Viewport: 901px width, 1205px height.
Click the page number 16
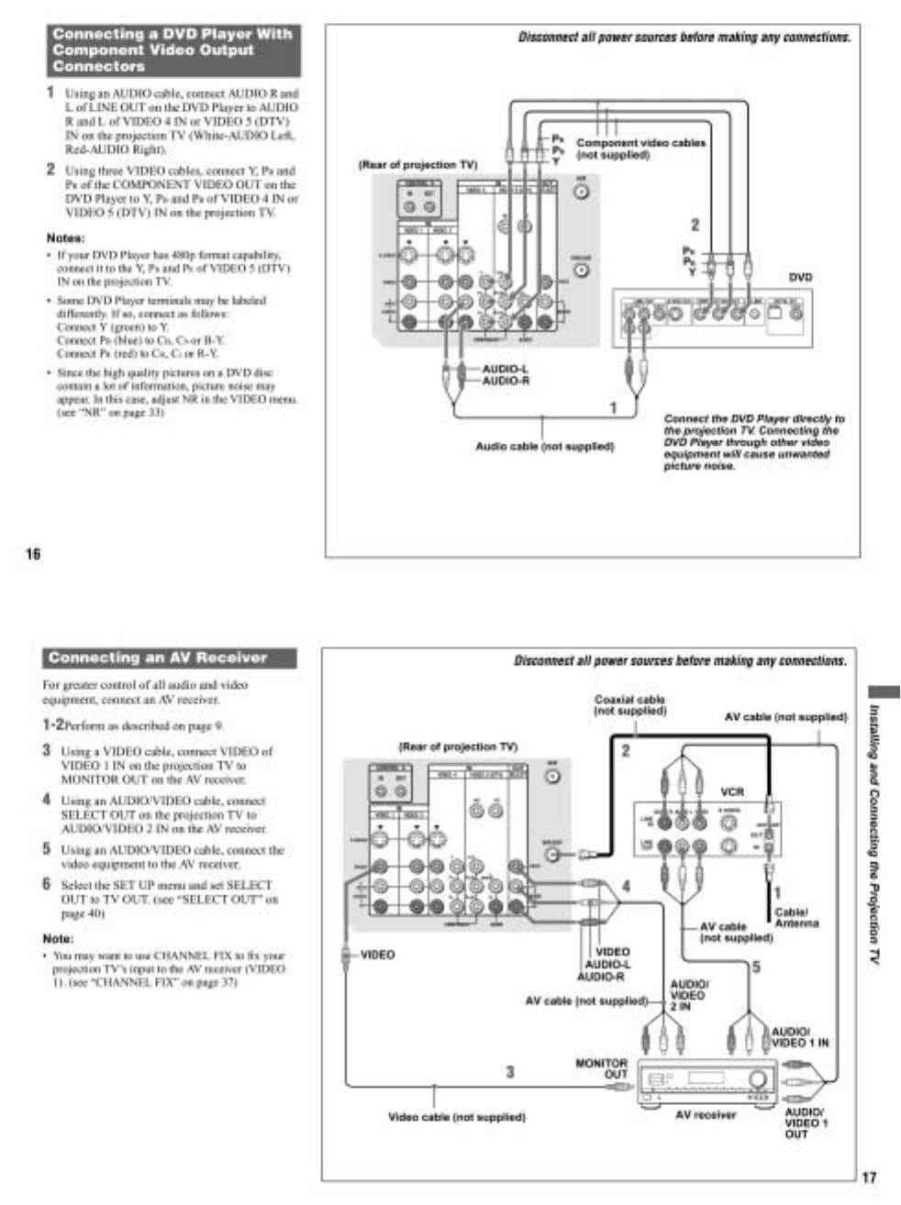click(33, 553)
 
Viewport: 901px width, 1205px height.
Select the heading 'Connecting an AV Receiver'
click(158, 658)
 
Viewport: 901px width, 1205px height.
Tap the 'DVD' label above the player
click(800, 276)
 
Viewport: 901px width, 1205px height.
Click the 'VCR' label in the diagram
click(732, 790)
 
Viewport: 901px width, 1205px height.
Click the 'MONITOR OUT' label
click(602, 1068)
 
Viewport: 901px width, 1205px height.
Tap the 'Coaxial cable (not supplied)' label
click(629, 705)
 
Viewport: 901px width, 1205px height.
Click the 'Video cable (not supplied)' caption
click(457, 1117)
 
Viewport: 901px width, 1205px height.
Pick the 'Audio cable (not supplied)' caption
click(544, 447)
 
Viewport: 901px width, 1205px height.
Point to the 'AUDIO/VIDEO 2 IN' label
click(687, 995)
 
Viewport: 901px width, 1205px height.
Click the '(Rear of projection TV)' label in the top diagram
click(417, 165)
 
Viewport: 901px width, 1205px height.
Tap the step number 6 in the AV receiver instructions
click(47, 884)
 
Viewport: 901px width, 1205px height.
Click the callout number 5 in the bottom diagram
click(756, 966)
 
